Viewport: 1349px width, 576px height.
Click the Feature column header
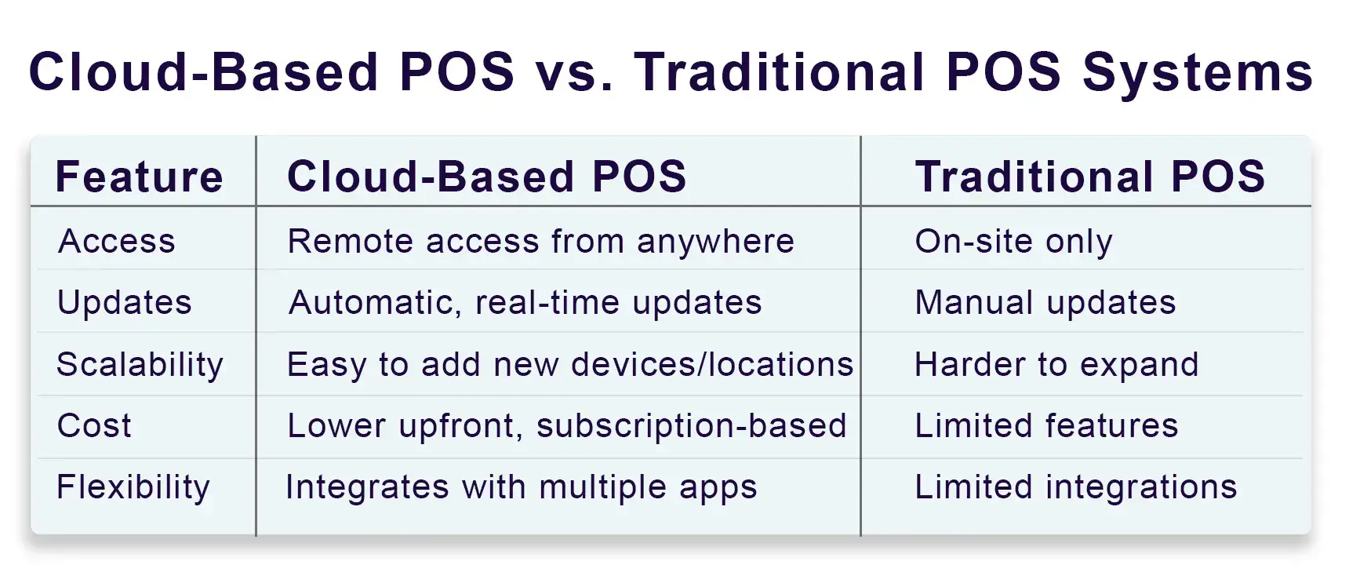[x=140, y=177]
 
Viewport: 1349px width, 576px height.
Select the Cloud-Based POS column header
[x=487, y=177]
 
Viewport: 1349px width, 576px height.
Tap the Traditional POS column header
[x=1090, y=177]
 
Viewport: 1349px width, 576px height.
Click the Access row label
[x=117, y=241]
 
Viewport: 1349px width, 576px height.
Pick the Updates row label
[x=125, y=303]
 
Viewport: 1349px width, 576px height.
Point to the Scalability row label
[x=140, y=365]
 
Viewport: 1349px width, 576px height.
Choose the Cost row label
[x=94, y=425]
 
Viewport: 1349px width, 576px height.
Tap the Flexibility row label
[x=133, y=487]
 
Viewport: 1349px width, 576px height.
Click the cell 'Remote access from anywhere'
[x=541, y=241]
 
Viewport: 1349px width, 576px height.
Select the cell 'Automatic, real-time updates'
[x=525, y=303]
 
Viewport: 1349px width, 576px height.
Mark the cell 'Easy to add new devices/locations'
[x=570, y=365]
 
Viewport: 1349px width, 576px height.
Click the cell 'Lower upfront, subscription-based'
[x=567, y=426]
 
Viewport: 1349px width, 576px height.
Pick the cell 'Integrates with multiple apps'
[x=522, y=487]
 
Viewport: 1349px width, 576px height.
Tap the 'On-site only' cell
[x=1014, y=242]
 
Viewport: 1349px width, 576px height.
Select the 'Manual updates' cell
[x=1045, y=303]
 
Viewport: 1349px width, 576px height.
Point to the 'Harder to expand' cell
[x=1057, y=365]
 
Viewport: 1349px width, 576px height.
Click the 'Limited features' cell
[x=1047, y=425]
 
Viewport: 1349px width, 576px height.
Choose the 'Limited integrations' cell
[x=1076, y=487]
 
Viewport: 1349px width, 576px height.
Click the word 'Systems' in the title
[x=1198, y=73]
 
